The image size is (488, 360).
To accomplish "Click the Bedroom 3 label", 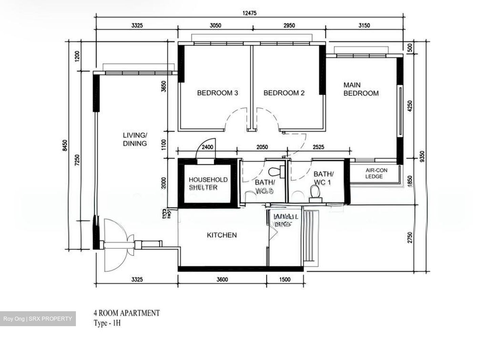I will [217, 93].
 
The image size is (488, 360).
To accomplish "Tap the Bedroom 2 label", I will [284, 93].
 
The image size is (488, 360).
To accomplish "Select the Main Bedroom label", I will [361, 89].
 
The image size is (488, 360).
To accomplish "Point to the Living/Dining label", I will [135, 139].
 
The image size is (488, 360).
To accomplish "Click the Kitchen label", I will [222, 235].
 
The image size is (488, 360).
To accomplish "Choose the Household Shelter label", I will [208, 183].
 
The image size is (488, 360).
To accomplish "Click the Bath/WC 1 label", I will [323, 178].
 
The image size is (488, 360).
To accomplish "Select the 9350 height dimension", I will [421, 157].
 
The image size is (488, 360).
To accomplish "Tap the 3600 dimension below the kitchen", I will [222, 279].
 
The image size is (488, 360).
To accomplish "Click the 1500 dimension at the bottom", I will [285, 279].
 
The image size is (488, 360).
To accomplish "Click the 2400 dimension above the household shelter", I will [207, 147].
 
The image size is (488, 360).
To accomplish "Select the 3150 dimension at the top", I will [364, 25].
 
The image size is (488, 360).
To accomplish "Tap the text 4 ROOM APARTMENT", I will [126, 313].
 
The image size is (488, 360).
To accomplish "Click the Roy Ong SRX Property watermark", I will [38, 319].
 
